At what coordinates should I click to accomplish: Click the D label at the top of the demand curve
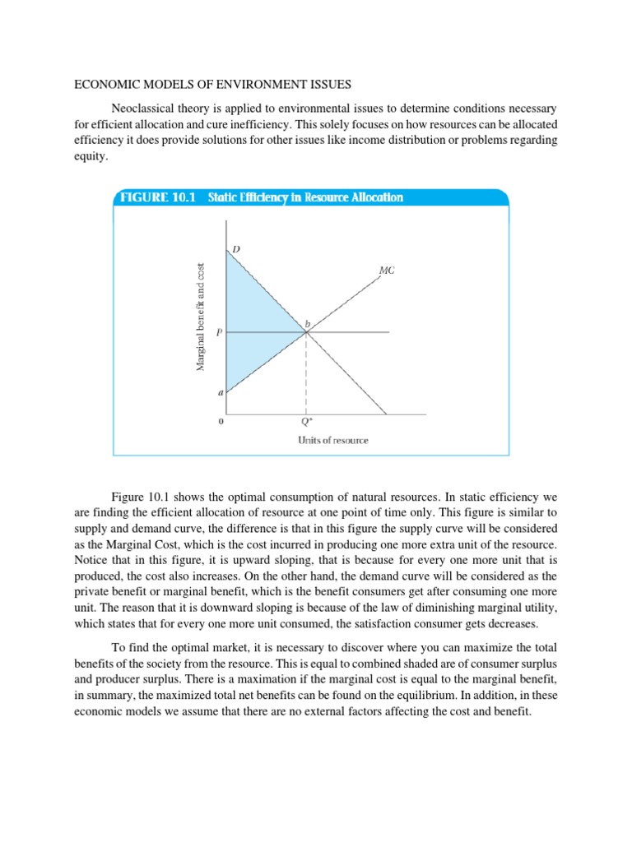tap(235, 248)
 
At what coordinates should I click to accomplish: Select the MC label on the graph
tap(387, 269)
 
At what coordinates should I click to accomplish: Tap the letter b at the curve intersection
tap(308, 323)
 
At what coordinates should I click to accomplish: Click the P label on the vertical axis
tap(218, 333)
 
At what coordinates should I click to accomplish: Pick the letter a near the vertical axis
tap(220, 393)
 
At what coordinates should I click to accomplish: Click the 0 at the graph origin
tap(220, 422)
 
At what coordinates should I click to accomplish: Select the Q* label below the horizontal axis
tap(306, 422)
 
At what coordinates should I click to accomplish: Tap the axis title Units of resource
tap(332, 440)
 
